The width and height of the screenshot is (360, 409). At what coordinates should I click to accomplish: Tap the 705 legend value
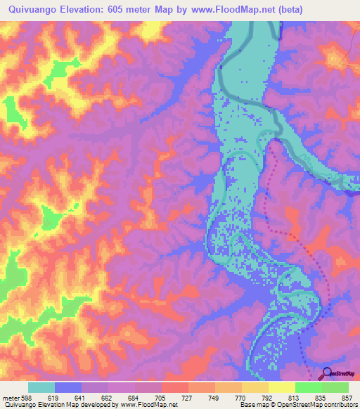pos(162,398)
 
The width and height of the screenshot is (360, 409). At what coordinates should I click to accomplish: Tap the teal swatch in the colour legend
pos(41,387)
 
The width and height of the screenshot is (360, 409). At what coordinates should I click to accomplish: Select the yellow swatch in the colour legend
pos(281,387)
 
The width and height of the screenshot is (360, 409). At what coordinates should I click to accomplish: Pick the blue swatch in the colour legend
pos(68,387)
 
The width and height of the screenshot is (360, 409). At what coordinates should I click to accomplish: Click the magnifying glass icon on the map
pos(326,373)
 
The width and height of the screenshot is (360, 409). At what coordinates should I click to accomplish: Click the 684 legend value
pos(136,398)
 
